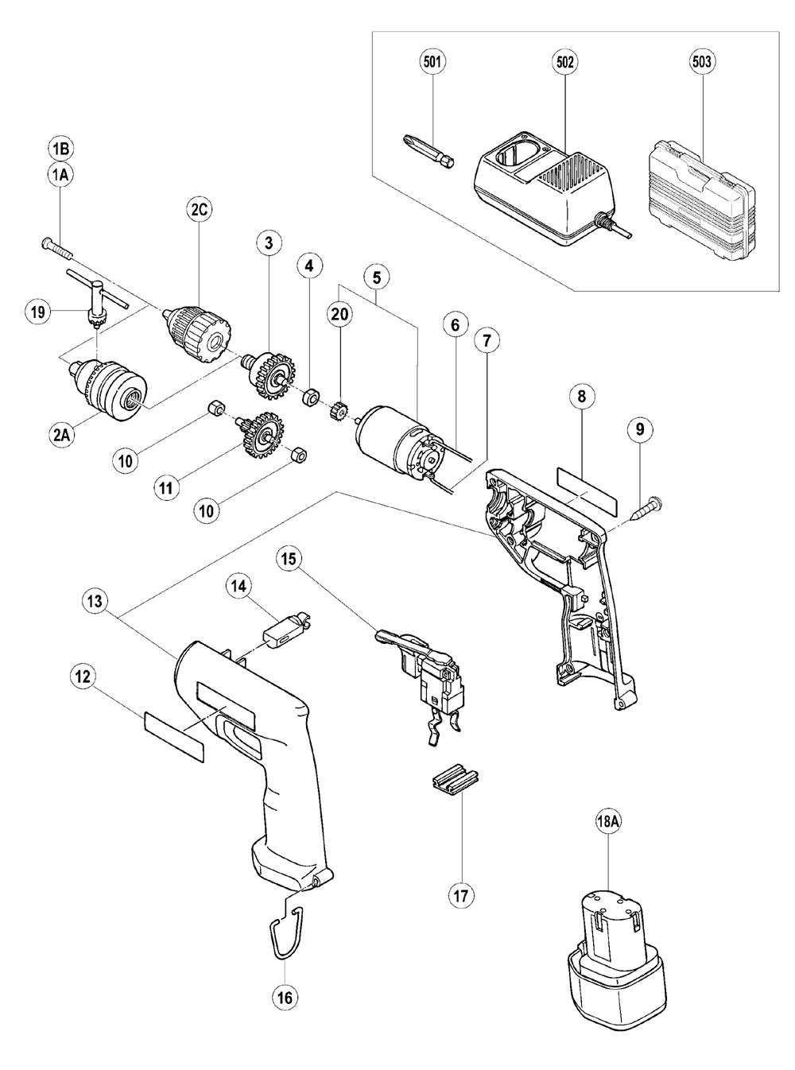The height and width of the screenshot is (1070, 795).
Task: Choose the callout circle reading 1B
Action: point(61,149)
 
